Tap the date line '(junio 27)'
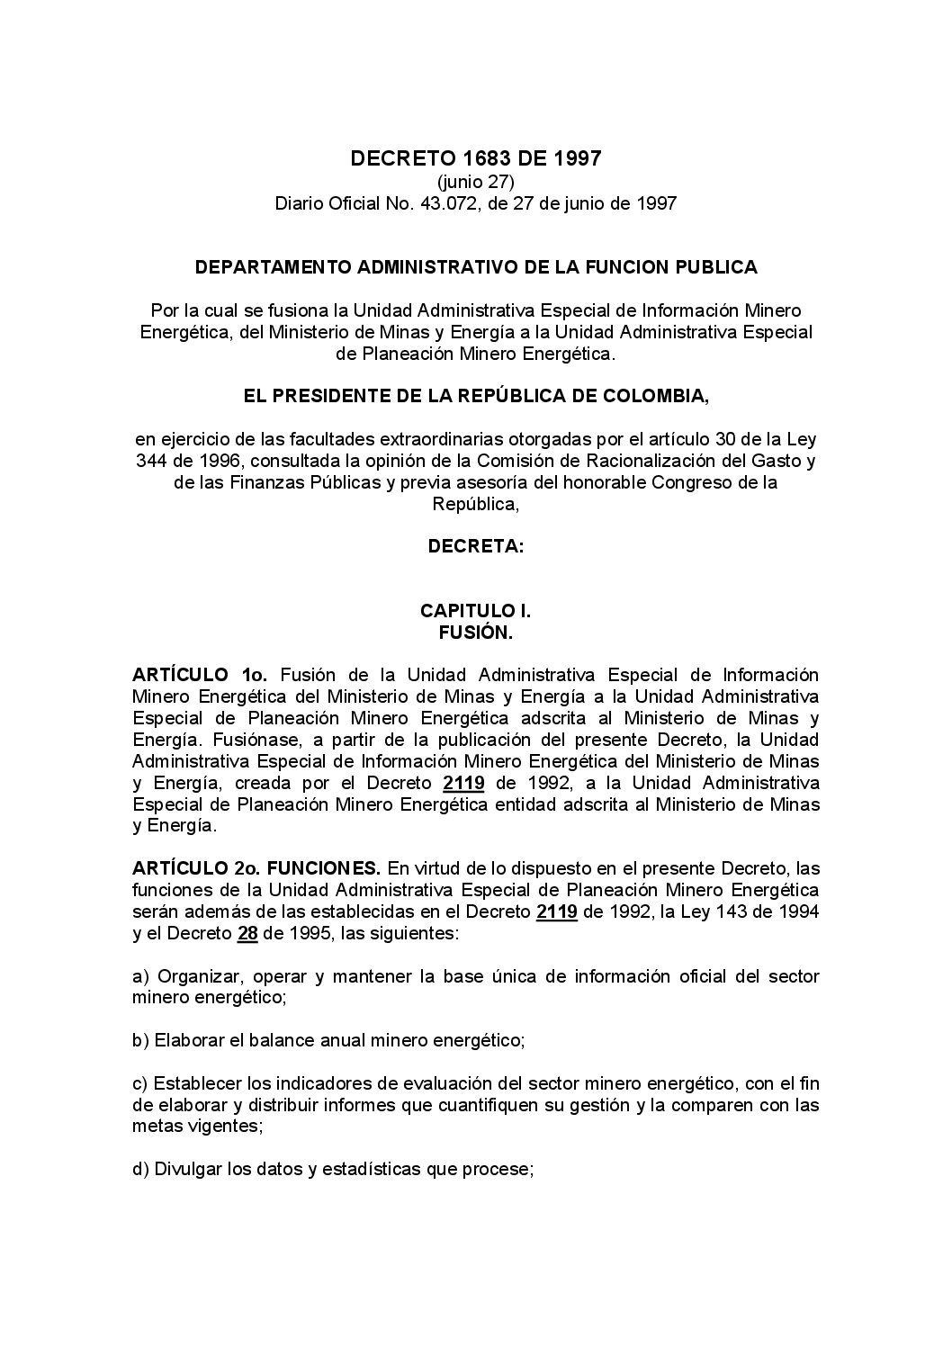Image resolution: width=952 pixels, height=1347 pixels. point(475,183)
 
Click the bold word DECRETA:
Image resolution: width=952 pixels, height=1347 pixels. point(475,546)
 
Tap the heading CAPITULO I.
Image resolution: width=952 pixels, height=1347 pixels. point(475,611)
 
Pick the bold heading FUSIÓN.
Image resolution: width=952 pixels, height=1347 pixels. point(475,633)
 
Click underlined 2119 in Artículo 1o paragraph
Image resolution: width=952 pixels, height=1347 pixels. point(464,782)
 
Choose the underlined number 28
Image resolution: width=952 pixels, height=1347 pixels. point(248,933)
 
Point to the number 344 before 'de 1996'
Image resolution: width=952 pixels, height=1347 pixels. point(151,462)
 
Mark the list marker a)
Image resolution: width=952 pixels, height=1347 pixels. point(140,976)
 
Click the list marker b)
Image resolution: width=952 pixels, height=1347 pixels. point(140,1041)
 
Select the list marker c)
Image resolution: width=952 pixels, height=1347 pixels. point(140,1083)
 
